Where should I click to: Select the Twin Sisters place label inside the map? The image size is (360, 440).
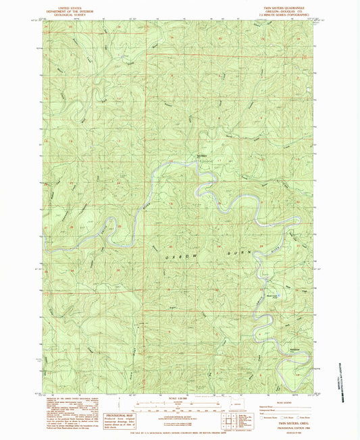(x=201, y=158)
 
